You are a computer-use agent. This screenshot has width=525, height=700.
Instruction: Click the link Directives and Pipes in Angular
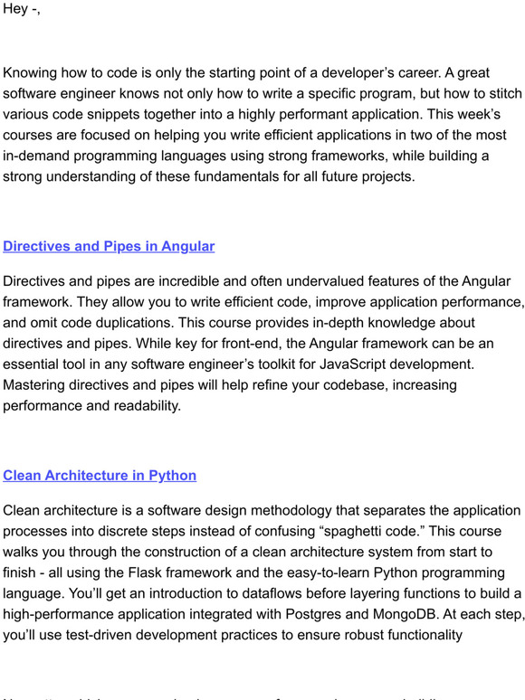coord(109,246)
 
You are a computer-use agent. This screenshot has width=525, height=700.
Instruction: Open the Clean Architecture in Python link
coord(100,475)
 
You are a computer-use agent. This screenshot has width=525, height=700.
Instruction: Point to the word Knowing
coord(33,74)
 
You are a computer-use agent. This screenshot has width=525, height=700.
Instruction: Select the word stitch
coord(501,94)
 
